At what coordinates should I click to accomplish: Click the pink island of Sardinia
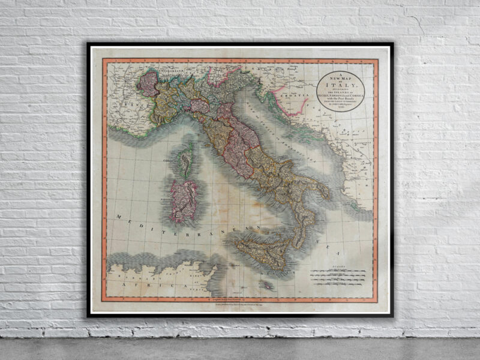183,200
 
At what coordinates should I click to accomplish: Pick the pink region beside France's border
148,84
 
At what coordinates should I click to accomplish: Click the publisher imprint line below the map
240,304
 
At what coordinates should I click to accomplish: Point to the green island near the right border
365,202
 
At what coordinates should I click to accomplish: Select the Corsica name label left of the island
170,161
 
